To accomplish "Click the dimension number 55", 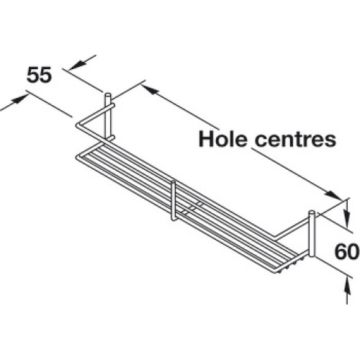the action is pos(39,75).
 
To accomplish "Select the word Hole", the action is pos(223,139).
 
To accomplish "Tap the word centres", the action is pos(295,140).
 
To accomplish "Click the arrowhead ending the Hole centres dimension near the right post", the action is pos(333,195).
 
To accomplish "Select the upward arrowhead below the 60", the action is pos(347,287).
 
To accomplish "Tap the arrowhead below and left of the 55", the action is pos(19,99).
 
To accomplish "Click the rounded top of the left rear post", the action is pos(107,95).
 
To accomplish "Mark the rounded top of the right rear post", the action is pos(311,212).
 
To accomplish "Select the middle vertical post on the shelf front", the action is pos(173,201).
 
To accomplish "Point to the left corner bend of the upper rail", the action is pos(78,126).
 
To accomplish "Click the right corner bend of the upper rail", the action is pos(276,237).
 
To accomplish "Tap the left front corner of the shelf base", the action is pos(78,158).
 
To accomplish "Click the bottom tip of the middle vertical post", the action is pos(173,219).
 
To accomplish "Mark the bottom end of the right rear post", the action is pos(311,256).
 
